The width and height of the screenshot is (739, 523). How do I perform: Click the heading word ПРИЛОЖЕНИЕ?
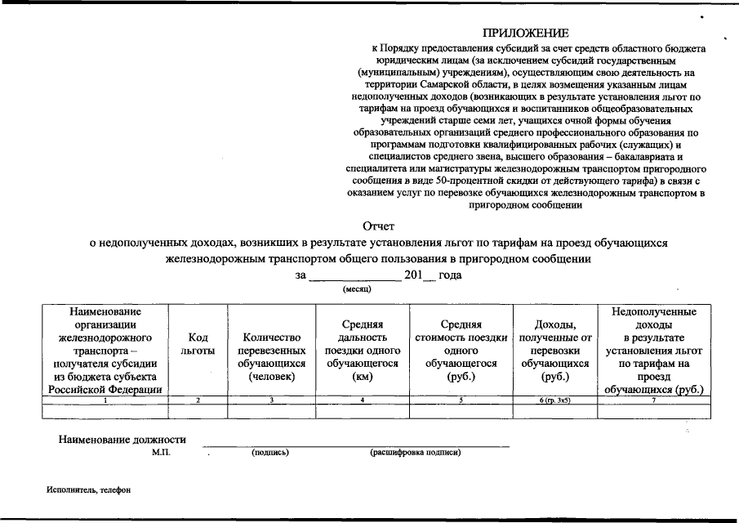tap(524, 33)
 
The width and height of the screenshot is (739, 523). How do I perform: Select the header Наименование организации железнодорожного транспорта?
tap(105, 351)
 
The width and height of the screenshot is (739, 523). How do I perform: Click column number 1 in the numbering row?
tap(105, 400)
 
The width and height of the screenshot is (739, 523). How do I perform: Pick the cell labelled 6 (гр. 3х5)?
tap(555, 400)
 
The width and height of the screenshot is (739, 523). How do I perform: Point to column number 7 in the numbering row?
tap(654, 400)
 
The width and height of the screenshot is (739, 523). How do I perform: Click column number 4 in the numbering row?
tap(362, 400)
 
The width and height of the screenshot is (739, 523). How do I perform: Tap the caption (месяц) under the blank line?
tap(357, 289)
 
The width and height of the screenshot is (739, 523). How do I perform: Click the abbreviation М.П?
tap(161, 452)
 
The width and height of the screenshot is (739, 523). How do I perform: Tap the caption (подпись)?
tap(270, 452)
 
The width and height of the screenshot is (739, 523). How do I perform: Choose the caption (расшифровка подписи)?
tap(415, 452)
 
